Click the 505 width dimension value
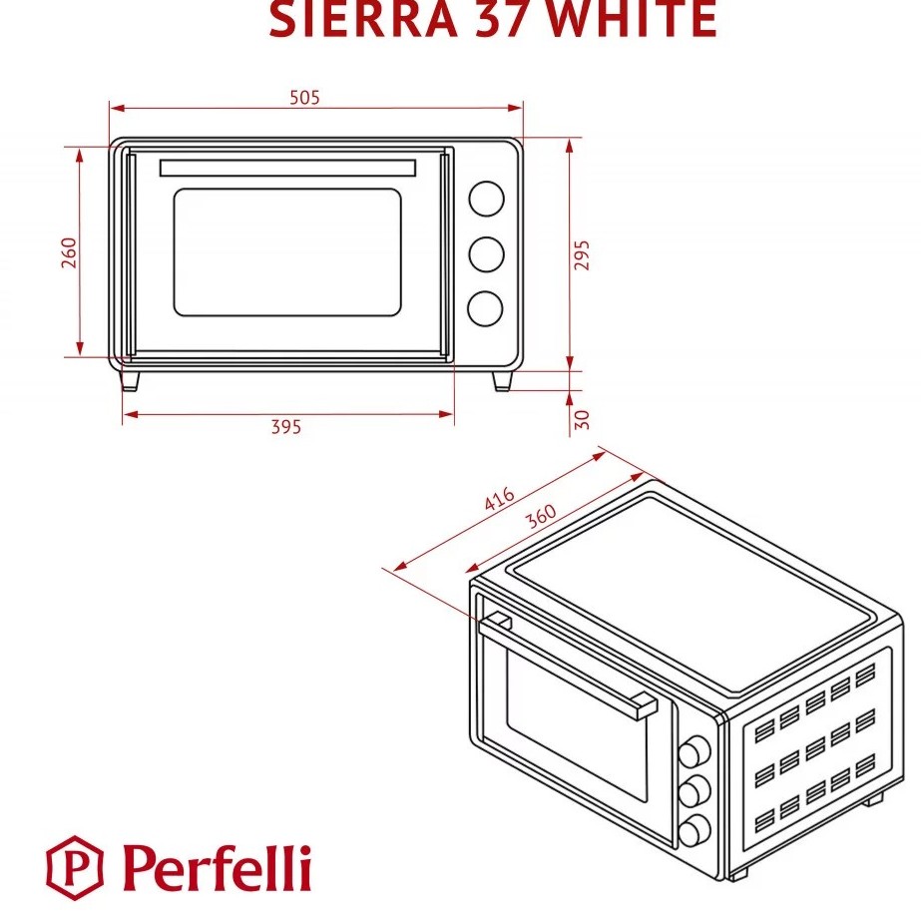click(x=304, y=97)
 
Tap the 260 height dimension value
click(x=69, y=253)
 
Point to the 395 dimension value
click(x=286, y=427)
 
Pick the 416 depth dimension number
click(x=498, y=499)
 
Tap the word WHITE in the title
click(x=634, y=20)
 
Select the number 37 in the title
click(x=512, y=20)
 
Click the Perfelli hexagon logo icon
click(x=76, y=865)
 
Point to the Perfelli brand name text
click(x=217, y=865)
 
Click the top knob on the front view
click(x=486, y=198)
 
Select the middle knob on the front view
click(x=486, y=253)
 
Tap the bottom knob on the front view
click(x=486, y=308)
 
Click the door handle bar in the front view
click(x=287, y=166)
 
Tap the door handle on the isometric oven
click(x=569, y=663)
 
